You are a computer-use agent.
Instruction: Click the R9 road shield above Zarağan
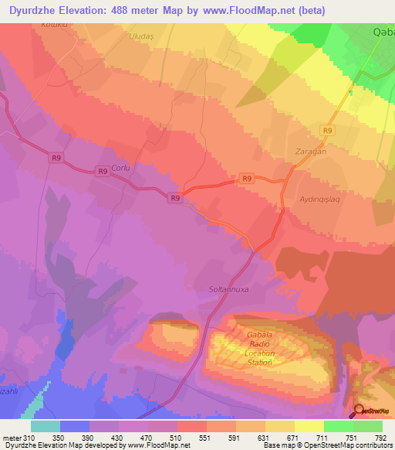(328, 131)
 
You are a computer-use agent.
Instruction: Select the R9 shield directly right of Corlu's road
(102, 172)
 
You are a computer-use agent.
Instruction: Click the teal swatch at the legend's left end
(45, 426)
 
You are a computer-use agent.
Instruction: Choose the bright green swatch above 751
(339, 426)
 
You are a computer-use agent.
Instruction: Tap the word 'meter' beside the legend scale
(12, 439)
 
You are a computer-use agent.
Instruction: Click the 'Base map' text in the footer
(279, 446)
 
